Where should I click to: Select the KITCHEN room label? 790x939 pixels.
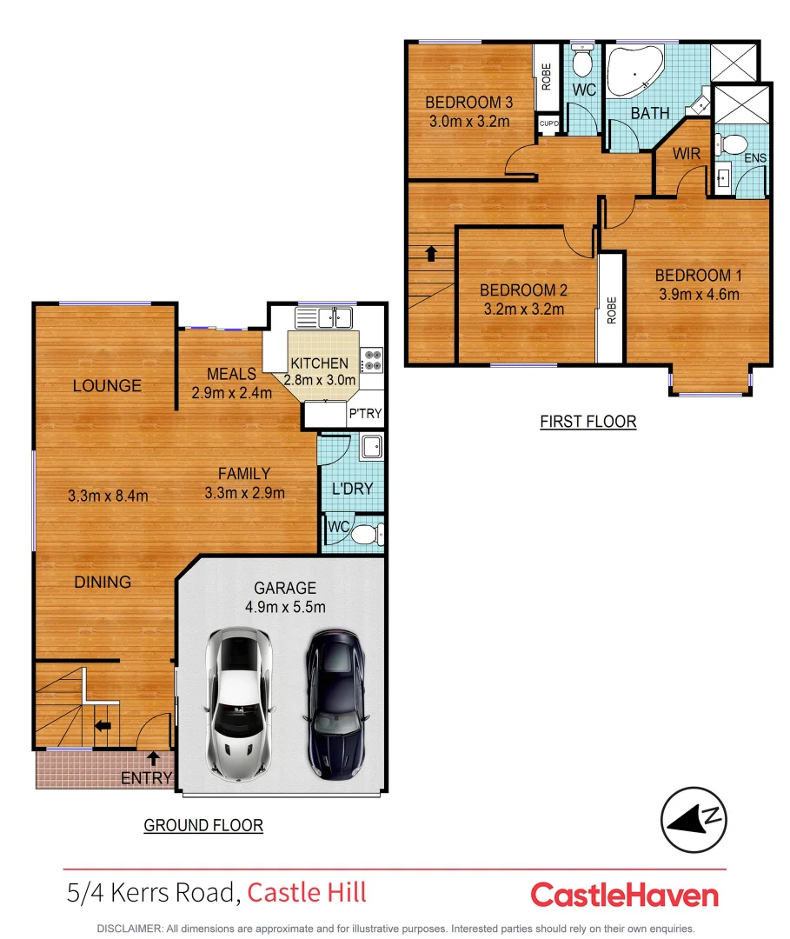pyautogui.click(x=319, y=363)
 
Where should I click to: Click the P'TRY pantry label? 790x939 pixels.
pyautogui.click(x=364, y=415)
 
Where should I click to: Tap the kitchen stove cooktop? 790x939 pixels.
pyautogui.click(x=371, y=356)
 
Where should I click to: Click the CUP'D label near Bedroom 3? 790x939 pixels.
pyautogui.click(x=548, y=124)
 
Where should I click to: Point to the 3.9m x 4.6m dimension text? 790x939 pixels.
pyautogui.click(x=699, y=294)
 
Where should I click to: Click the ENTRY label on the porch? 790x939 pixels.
pyautogui.click(x=146, y=778)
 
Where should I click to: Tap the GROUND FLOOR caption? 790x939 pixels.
pyautogui.click(x=202, y=825)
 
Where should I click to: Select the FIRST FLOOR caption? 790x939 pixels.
pyautogui.click(x=588, y=422)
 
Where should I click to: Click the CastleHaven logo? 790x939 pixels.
pyautogui.click(x=624, y=895)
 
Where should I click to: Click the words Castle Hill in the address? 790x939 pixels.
pyautogui.click(x=307, y=892)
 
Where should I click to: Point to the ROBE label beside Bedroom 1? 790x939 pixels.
pyautogui.click(x=611, y=309)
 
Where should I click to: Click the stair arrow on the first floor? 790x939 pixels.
pyautogui.click(x=430, y=253)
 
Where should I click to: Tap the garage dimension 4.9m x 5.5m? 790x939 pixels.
pyautogui.click(x=285, y=607)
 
